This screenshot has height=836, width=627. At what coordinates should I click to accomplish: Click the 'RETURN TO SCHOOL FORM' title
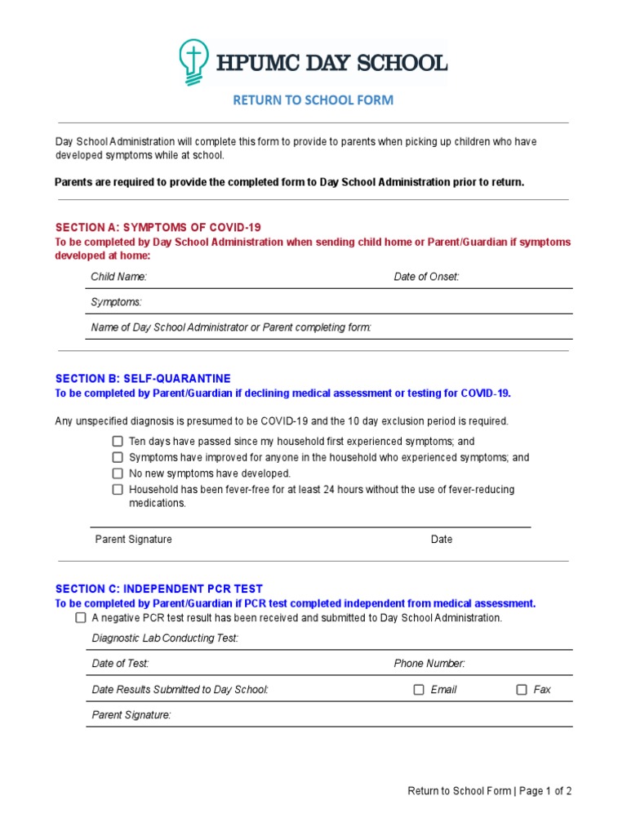pos(313,100)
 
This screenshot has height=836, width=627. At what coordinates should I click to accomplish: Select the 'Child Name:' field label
pos(118,277)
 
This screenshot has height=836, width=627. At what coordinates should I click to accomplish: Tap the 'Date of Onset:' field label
pos(426,277)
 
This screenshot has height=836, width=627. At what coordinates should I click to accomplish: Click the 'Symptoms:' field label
pos(116,302)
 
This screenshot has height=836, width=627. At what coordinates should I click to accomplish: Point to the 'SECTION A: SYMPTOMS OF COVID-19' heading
pos(158,227)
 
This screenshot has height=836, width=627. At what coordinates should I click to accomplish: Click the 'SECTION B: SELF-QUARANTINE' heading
pos(143,379)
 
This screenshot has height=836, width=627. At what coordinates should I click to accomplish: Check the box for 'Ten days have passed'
pos(118,442)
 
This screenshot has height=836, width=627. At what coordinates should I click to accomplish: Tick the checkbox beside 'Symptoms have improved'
pos(118,457)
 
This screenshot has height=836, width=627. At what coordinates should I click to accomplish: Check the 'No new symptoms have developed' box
pos(118,474)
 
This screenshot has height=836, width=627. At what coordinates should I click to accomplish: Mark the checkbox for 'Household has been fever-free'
pos(118,490)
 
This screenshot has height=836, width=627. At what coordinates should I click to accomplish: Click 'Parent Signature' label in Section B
pos(133,540)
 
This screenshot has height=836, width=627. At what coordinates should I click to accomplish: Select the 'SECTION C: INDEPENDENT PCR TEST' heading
pos(158,589)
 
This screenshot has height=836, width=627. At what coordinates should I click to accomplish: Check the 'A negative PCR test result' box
pos(81,618)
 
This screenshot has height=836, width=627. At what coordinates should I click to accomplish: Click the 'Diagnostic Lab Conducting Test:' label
pos(165,638)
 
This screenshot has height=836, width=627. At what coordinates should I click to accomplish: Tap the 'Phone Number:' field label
pos(429,664)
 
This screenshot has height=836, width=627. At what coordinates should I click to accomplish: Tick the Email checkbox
pos(419,690)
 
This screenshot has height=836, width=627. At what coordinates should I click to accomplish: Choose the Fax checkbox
pos(522,690)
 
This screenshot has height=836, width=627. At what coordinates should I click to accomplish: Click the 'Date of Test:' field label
pos(120,664)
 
